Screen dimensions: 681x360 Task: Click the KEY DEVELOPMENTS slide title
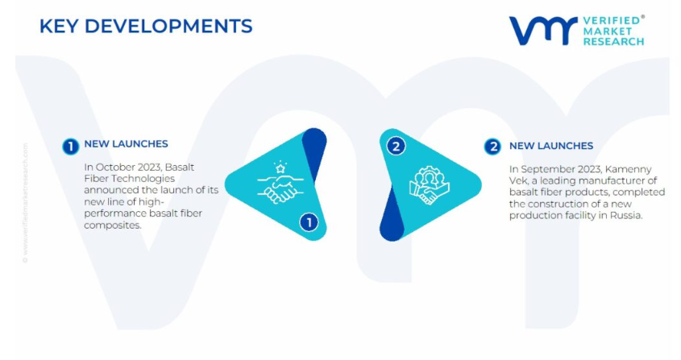pos(146,26)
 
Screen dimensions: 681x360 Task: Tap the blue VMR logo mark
pos(543,31)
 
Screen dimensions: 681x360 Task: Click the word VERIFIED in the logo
pos(612,20)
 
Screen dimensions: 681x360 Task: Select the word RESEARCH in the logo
pos(613,42)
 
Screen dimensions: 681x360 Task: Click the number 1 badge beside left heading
pos(71,147)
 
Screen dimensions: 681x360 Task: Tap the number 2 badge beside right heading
pos(492,147)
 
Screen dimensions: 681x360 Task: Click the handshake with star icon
pos(280,182)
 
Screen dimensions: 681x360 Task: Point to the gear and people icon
pos(429,185)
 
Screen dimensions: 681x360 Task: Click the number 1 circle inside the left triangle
pos(309,222)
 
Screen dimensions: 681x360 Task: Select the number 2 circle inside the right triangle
pos(396,147)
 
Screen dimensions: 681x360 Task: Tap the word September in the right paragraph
pos(546,169)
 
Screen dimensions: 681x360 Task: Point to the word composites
pos(113,226)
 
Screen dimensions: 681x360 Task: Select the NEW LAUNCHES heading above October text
pos(126,143)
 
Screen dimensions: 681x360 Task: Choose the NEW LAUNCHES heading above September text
pos(551,146)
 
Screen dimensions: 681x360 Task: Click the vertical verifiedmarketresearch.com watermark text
pos(25,203)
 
